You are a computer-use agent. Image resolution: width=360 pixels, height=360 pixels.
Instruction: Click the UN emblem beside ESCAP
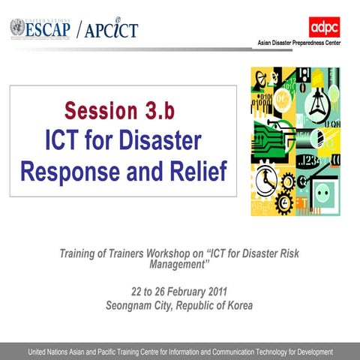16,28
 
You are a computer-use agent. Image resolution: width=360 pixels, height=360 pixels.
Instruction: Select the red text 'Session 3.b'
122,111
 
